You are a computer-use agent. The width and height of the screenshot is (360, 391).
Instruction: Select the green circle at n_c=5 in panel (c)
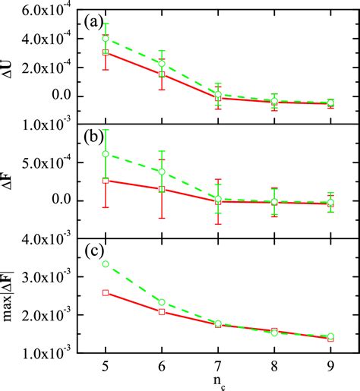106,263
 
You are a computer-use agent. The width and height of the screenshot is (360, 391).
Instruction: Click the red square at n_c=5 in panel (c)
106,292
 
